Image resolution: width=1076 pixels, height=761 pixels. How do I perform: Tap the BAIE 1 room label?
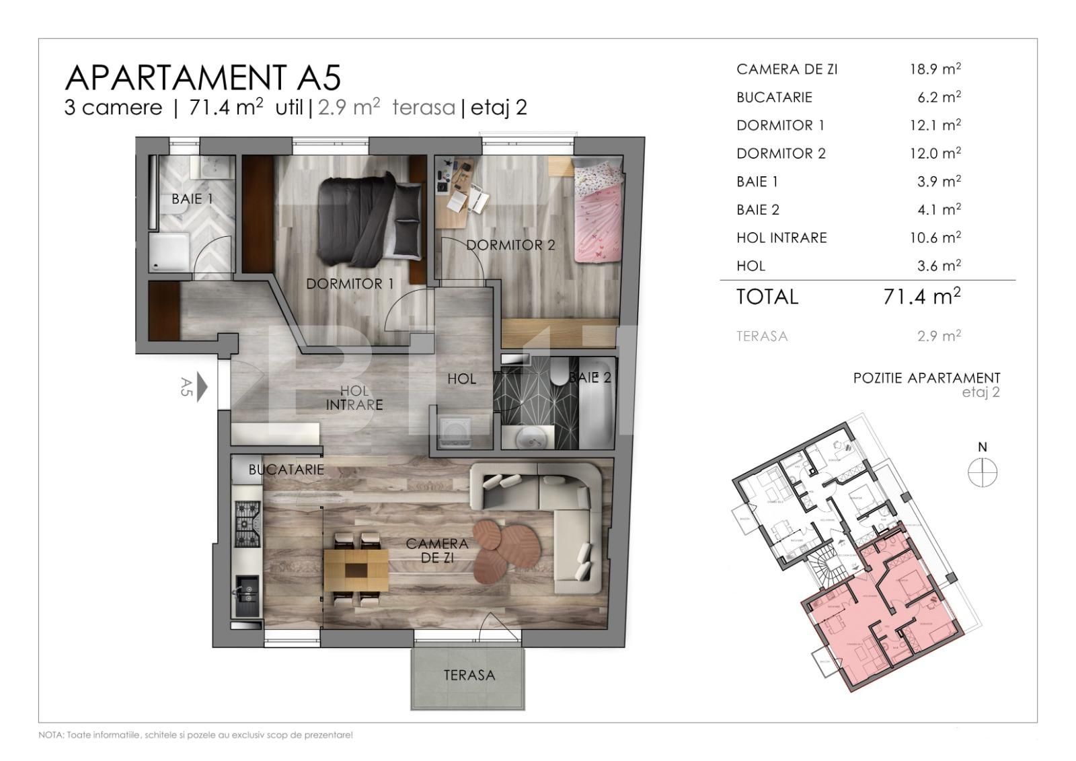[x=192, y=199]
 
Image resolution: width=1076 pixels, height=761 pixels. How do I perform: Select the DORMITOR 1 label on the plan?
[x=350, y=284]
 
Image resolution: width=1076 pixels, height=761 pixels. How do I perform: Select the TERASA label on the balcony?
[x=469, y=675]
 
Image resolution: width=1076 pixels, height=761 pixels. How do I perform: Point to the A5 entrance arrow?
[x=202, y=388]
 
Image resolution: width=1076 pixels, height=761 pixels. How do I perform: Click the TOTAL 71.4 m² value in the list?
[x=921, y=296]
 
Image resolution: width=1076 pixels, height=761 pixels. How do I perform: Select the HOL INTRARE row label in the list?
[x=781, y=238]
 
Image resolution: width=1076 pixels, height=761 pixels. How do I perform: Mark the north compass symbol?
[x=982, y=472]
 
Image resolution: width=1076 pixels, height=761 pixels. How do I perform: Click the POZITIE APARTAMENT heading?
[x=926, y=377]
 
